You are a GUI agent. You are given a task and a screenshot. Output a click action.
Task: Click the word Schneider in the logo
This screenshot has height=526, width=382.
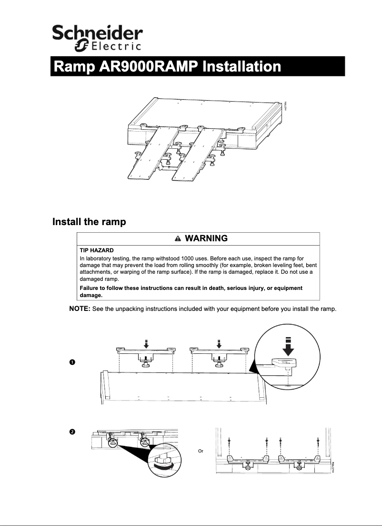(97, 34)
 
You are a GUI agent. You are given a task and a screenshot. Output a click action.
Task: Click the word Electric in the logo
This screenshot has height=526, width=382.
(116, 47)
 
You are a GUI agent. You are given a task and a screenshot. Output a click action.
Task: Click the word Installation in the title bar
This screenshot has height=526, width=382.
(241, 66)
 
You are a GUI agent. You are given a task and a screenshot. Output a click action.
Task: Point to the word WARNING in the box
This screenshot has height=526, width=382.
(206, 238)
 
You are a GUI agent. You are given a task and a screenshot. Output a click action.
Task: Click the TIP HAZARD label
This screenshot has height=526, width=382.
(96, 250)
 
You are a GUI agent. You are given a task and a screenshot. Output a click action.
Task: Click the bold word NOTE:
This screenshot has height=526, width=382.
(80, 309)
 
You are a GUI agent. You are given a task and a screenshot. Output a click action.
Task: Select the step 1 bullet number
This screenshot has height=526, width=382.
(71, 363)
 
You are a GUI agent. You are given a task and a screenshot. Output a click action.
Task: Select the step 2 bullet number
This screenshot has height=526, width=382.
(71, 432)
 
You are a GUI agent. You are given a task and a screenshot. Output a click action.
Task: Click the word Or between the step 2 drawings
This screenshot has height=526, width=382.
(201, 451)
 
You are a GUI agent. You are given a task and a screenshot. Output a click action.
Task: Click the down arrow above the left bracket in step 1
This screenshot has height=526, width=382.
(147, 343)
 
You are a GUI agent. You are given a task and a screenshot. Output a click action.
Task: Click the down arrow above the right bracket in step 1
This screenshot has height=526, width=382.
(219, 343)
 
